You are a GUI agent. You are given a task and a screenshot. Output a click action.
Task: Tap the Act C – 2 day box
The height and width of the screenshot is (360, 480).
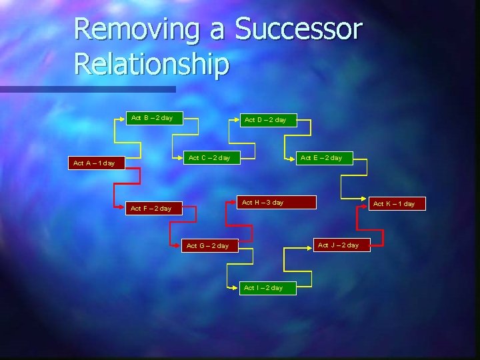click(209, 158)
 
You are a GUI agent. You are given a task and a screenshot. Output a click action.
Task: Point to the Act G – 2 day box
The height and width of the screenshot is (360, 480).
click(207, 246)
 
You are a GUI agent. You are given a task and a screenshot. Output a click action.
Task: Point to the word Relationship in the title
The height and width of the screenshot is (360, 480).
click(151, 65)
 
